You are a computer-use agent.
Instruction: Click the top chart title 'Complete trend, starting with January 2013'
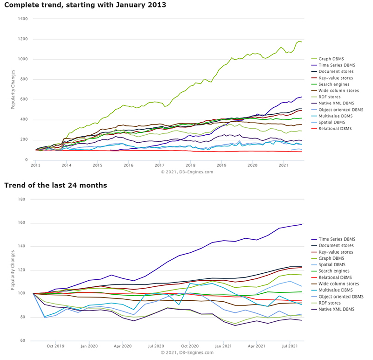click(85, 5)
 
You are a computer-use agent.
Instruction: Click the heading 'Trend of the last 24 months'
click(55, 185)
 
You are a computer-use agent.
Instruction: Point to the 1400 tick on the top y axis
click(23, 19)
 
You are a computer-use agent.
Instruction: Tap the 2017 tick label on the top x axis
click(159, 165)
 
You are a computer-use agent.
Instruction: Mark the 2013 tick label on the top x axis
click(35, 165)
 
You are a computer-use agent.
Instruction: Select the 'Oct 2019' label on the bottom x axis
click(55, 346)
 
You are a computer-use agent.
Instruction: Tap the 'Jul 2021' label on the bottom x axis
click(290, 346)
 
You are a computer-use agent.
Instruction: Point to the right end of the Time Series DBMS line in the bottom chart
click(302, 224)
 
